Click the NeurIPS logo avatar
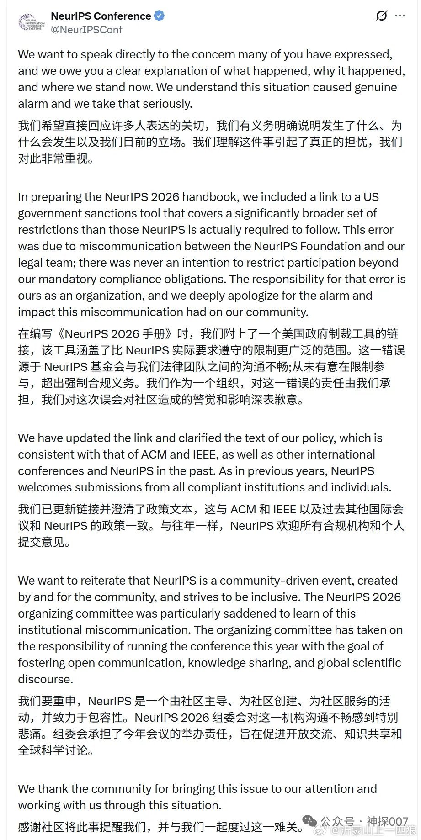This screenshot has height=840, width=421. coord(32,22)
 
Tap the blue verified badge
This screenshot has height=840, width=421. coord(159,16)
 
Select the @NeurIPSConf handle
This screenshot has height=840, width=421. coord(86,30)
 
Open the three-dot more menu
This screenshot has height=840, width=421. coord(400,16)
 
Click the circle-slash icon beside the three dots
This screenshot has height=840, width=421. coord(381,16)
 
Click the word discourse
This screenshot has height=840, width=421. coord(45,679)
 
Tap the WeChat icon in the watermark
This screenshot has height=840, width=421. coord(309,822)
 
